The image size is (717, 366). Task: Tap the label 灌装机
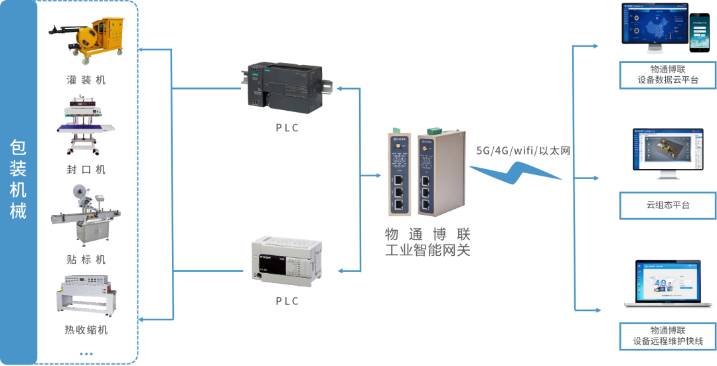tap(86, 80)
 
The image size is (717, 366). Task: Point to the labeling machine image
tap(86, 215)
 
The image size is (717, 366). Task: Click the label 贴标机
tap(86, 259)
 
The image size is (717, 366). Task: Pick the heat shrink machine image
tap(86, 294)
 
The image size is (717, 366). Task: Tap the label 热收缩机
tap(86, 330)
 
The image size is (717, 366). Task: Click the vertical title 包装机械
tap(18, 179)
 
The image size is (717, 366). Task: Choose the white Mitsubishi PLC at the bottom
tap(285, 261)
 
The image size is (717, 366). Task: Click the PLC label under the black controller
tap(287, 128)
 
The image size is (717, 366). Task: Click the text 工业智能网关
tap(428, 251)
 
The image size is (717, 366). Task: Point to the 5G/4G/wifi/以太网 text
tap(523, 151)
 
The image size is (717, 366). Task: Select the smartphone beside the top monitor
tap(698, 33)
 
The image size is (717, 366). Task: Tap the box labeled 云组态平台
tap(667, 206)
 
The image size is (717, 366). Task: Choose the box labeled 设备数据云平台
tap(667, 74)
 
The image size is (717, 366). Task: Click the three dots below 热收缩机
tap(86, 354)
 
